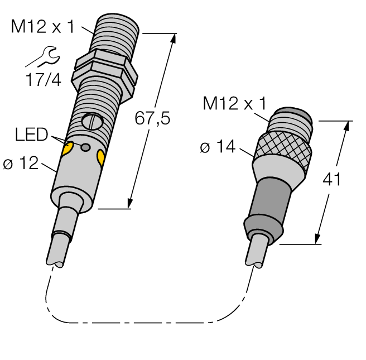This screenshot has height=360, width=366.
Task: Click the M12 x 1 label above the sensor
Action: tap(42, 26)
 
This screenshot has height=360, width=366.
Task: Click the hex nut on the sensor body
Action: tap(106, 68)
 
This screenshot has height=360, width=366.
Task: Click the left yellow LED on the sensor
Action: tap(68, 147)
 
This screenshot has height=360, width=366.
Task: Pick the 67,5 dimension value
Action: tap(152, 118)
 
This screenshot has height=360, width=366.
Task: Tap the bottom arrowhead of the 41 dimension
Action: tap(320, 239)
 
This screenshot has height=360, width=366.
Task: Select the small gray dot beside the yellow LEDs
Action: tap(85, 147)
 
